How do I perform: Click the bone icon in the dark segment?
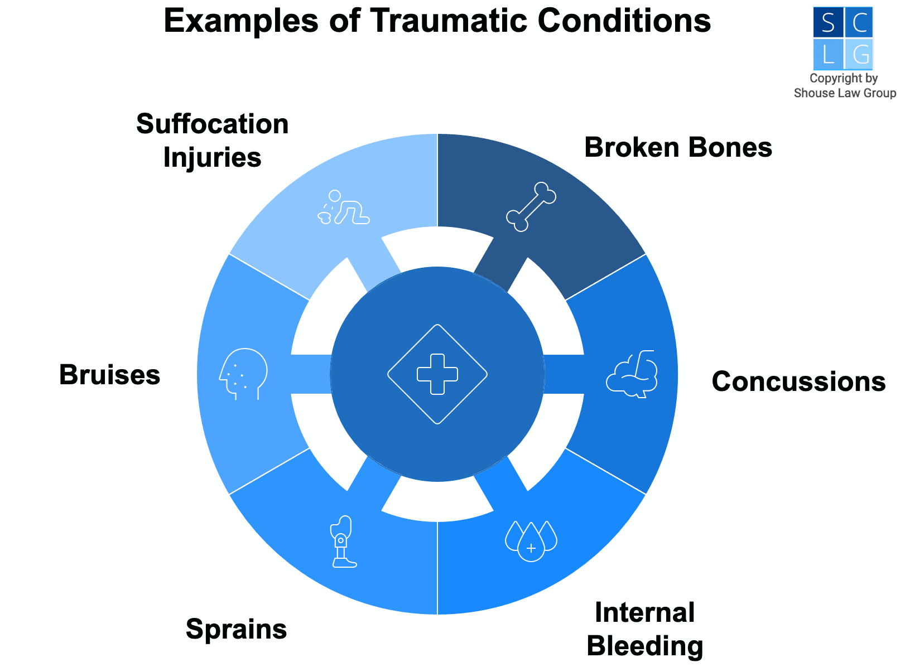(x=531, y=206)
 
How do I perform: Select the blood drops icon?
(x=531, y=540)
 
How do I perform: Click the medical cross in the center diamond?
(x=437, y=374)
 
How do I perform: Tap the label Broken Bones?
(x=678, y=148)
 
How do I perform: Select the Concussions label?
(x=798, y=382)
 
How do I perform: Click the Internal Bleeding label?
(x=645, y=629)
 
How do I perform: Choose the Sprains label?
(x=236, y=629)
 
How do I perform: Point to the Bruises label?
(x=110, y=375)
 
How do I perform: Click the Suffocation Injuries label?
(x=213, y=141)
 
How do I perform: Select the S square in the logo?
(x=828, y=22)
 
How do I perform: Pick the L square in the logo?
(x=828, y=55)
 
